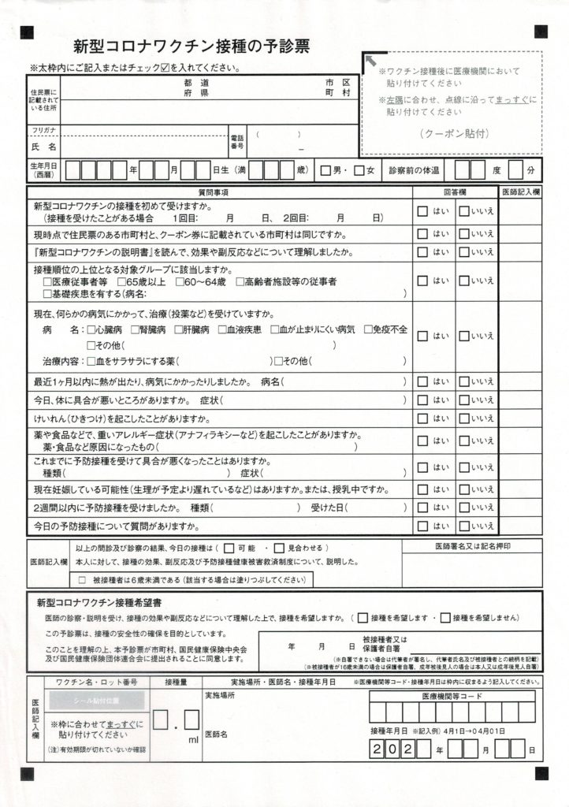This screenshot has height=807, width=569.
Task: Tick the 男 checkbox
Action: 325,169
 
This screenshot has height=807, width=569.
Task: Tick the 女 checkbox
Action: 359,169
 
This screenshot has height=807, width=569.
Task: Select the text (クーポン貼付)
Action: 451,132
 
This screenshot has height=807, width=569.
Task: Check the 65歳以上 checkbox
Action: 121,281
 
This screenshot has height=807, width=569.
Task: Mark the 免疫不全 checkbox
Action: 367,329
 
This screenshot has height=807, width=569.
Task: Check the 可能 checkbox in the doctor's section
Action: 229,547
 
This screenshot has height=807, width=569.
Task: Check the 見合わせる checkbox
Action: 281,547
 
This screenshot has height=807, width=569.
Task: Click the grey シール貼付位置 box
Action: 97,701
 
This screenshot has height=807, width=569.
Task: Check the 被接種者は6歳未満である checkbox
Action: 83,580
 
